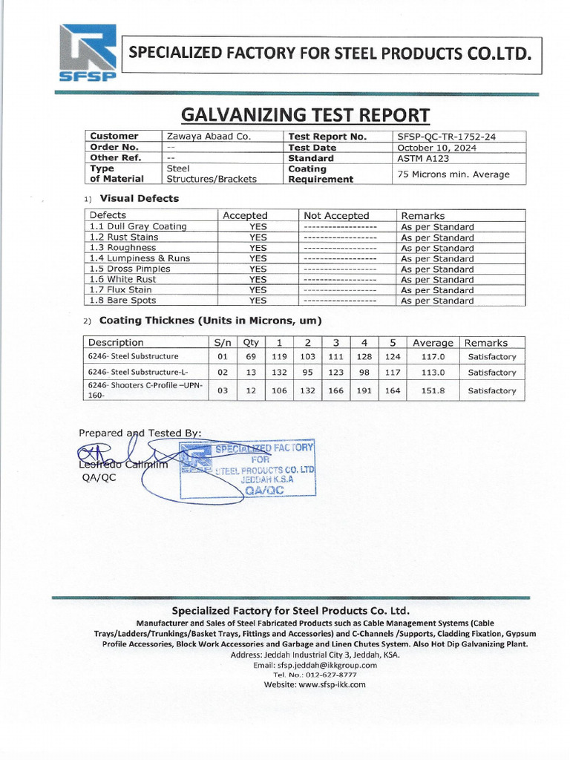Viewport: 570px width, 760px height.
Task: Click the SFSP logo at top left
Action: (x=88, y=53)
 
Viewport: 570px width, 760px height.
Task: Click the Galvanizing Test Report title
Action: (x=305, y=115)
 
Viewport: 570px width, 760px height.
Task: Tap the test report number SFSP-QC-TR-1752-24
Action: (x=448, y=137)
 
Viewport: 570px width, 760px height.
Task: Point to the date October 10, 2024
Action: (x=436, y=148)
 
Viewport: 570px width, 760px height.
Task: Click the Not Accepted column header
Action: (x=336, y=215)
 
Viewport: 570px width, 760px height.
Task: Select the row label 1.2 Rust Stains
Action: (x=124, y=237)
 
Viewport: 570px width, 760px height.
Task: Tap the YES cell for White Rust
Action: (x=258, y=279)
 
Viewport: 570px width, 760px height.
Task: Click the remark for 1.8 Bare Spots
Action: (x=437, y=301)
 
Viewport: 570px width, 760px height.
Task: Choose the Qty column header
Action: (x=251, y=343)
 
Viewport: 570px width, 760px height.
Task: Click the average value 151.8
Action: (x=428, y=390)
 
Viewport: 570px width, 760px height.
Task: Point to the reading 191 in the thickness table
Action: (x=364, y=390)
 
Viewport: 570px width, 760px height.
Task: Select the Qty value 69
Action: (x=251, y=357)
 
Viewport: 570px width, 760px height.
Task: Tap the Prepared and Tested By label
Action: (x=140, y=433)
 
